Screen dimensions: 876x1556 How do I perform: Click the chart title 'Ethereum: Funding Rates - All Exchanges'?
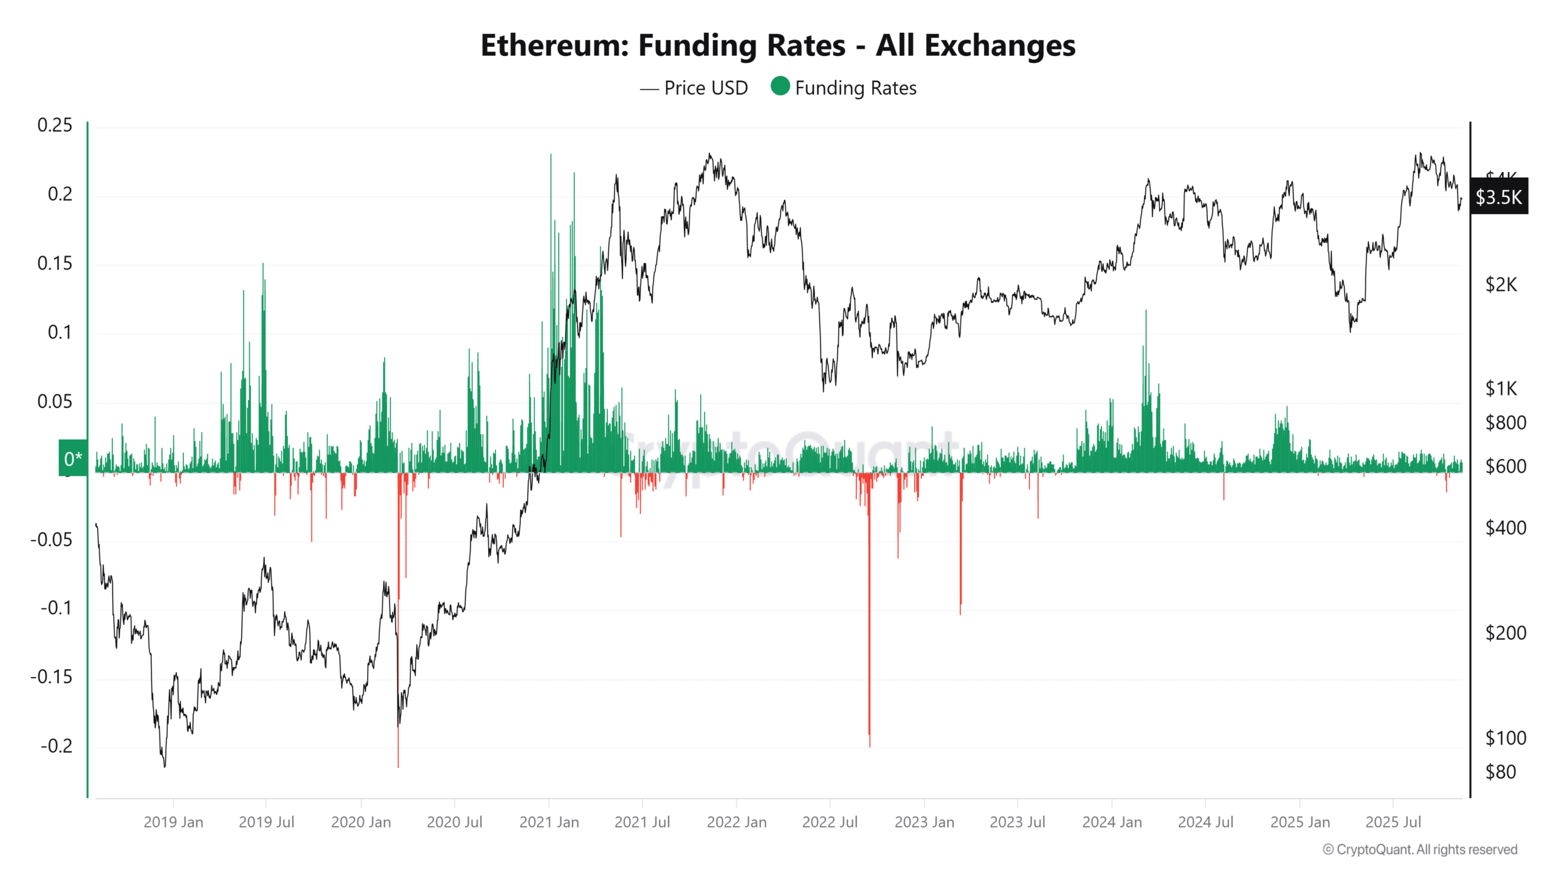[777, 45]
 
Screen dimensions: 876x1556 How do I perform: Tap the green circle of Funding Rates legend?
[780, 86]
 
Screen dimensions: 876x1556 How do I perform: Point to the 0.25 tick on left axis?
[55, 125]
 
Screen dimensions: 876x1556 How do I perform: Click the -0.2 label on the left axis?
[56, 746]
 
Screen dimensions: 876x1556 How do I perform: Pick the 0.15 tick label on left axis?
[55, 263]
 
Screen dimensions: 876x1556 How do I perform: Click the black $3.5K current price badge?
[1498, 197]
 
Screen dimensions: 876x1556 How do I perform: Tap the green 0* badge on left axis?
[73, 458]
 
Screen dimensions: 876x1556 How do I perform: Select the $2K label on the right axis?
[1501, 285]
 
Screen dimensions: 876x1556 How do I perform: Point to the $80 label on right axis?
[1501, 772]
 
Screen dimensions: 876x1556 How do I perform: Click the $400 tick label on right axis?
[1505, 527]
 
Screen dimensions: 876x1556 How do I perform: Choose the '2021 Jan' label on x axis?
[549, 822]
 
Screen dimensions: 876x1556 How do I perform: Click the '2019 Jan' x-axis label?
[173, 822]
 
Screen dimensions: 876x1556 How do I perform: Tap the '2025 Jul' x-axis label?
[1392, 822]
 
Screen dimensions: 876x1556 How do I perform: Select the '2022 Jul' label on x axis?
[830, 822]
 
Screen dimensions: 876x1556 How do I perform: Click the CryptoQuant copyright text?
[1420, 849]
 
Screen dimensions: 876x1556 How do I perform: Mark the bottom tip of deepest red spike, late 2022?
[870, 746]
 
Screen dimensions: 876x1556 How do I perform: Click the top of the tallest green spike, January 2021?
[551, 155]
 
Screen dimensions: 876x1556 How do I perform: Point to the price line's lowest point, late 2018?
[165, 766]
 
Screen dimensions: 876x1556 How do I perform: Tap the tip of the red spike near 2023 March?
[960, 614]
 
